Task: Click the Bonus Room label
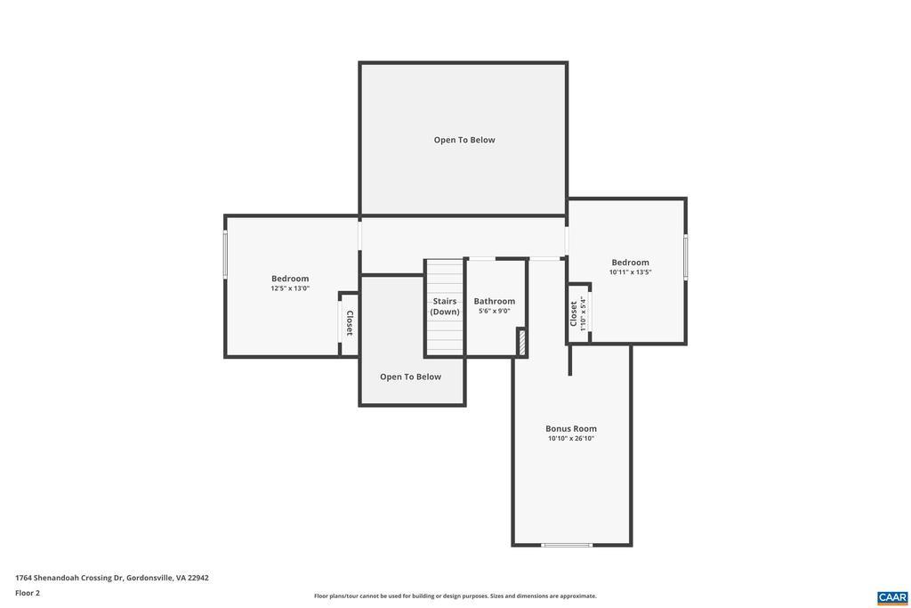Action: [x=570, y=428]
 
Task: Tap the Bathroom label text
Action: [x=495, y=301]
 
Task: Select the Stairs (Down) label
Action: [x=445, y=306]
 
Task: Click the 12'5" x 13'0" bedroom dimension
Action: [x=290, y=288]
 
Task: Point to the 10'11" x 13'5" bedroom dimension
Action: [x=631, y=272]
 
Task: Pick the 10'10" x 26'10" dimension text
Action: [x=570, y=438]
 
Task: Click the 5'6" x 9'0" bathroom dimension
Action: [x=495, y=311]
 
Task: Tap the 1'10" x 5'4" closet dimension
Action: [x=583, y=314]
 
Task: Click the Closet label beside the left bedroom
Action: [x=349, y=323]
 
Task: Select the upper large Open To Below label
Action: [x=464, y=140]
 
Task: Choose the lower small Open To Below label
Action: [x=410, y=377]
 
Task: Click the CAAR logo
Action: [x=892, y=598]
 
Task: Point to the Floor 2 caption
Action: [x=28, y=593]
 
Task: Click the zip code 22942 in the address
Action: [x=198, y=578]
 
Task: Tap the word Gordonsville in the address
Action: [x=149, y=578]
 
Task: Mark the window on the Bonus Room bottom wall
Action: [x=567, y=545]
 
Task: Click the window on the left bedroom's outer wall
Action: [x=225, y=254]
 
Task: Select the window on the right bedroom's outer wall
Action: [x=686, y=256]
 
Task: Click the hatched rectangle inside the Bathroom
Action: [x=521, y=342]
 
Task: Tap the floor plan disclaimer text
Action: [x=455, y=596]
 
